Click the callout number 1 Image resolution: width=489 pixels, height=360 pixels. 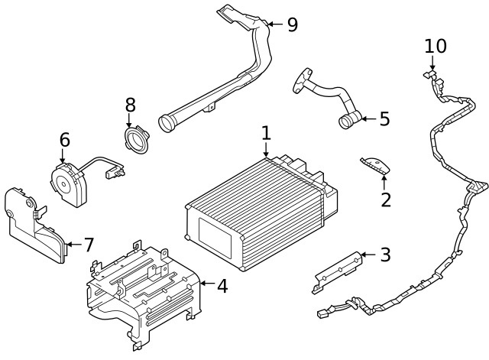266,133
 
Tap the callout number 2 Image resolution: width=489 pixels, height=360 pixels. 386,200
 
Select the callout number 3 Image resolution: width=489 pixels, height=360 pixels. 385,255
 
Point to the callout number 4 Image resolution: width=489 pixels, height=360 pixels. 222,287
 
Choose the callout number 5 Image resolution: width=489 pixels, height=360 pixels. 384,118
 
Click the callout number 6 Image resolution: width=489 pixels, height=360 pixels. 64,140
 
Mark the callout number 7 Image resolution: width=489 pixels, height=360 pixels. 89,245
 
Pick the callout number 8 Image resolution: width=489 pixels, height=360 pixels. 130,104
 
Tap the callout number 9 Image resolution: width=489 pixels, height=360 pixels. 292,24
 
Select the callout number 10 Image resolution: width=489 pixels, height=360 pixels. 436,46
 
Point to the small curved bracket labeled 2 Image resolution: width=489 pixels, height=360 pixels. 374,165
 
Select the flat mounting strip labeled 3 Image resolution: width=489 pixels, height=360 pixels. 336,269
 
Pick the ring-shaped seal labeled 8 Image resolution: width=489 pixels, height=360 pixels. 138,141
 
